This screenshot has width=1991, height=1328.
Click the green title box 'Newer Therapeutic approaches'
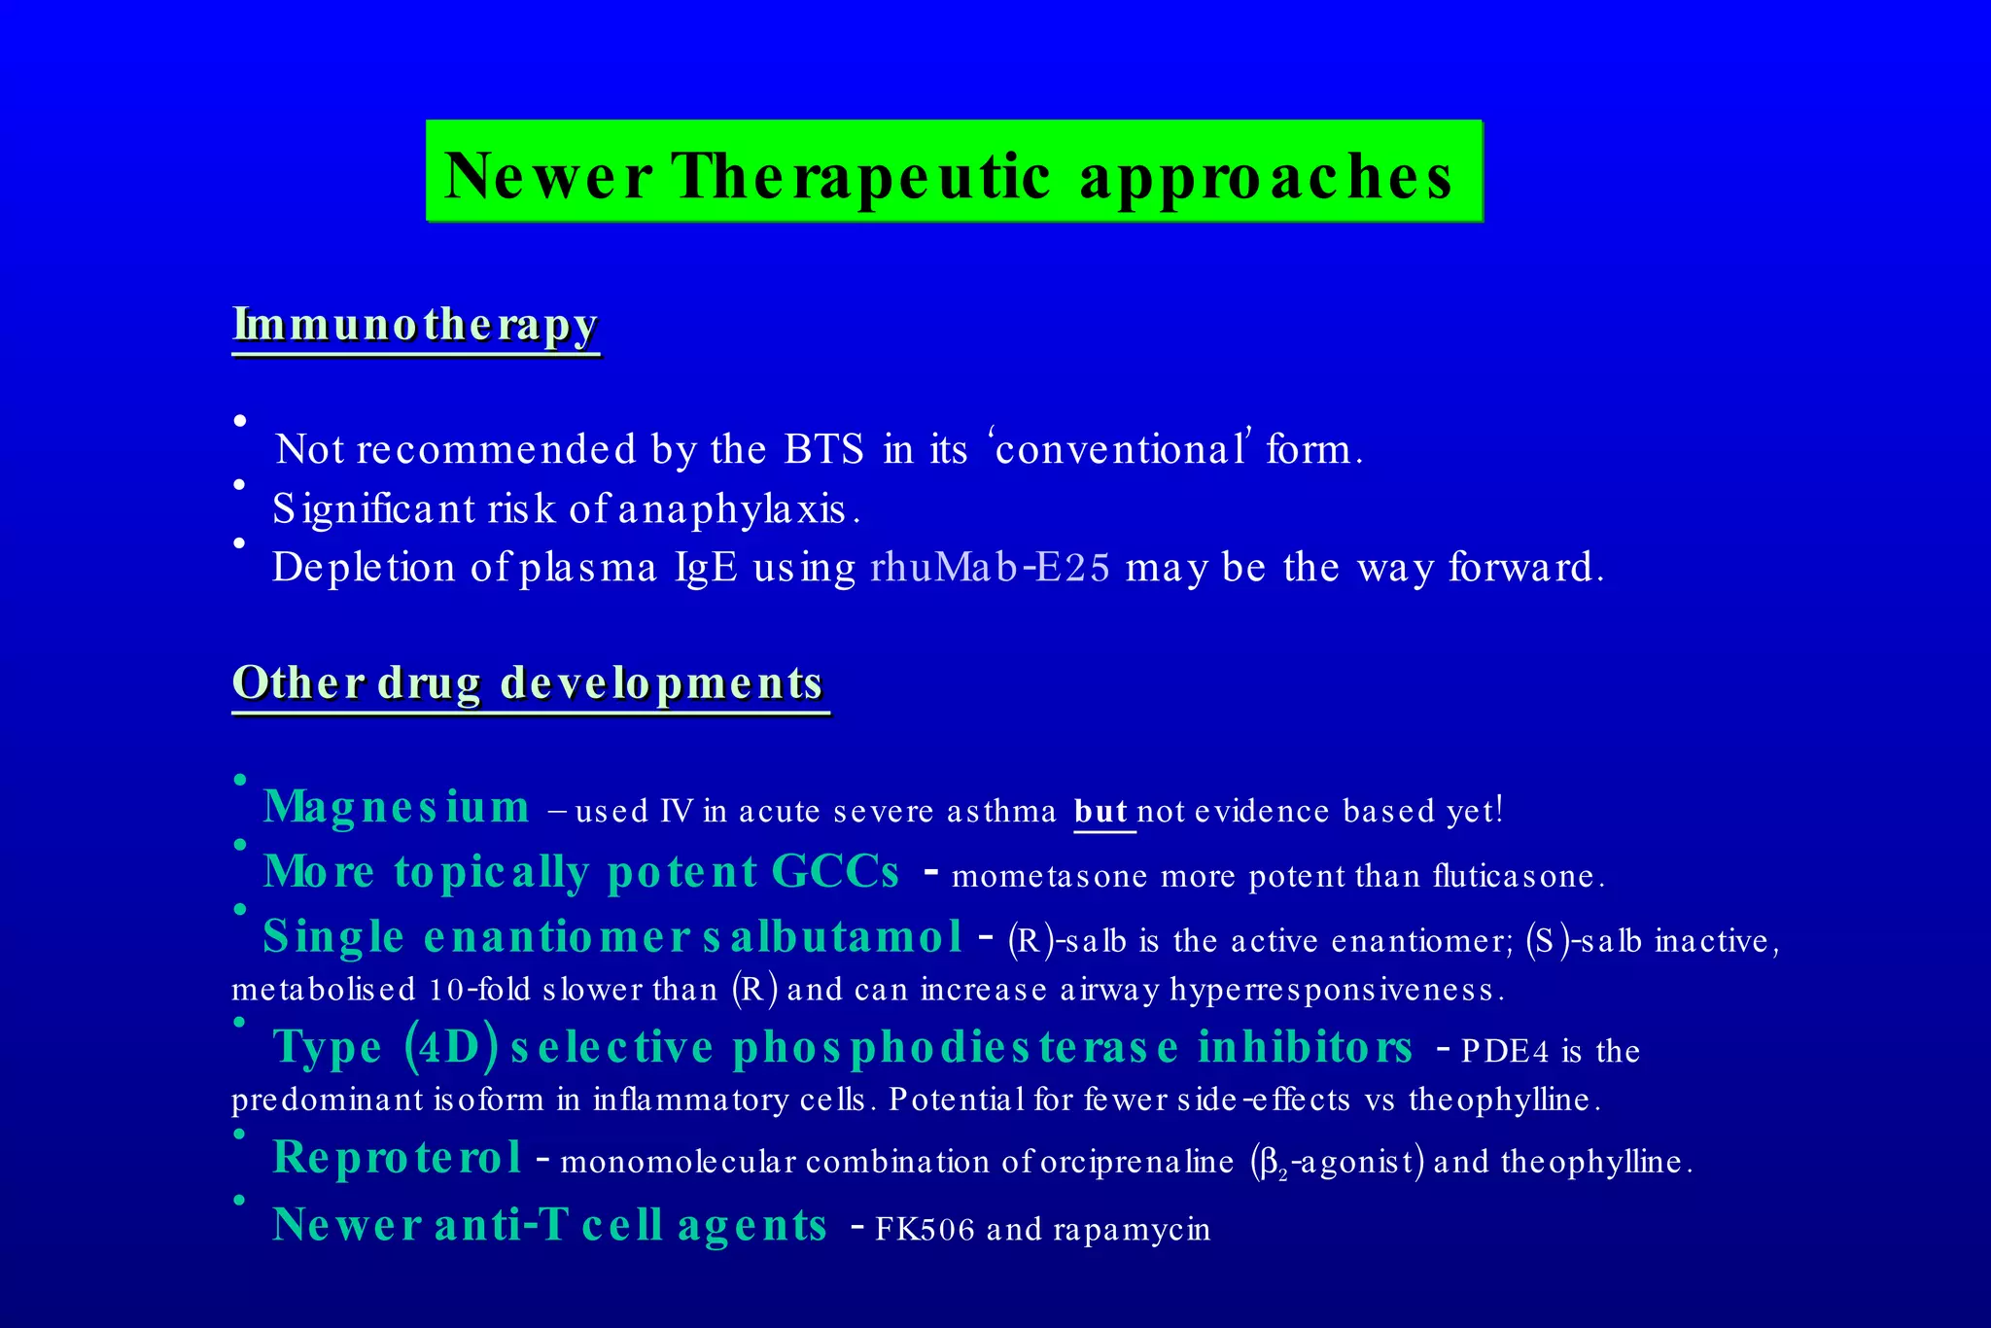pyautogui.click(x=953, y=172)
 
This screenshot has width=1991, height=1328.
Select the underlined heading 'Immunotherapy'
pyautogui.click(x=415, y=326)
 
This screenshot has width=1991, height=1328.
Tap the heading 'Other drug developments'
pyautogui.click(x=529, y=682)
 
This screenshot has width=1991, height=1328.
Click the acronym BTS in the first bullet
pyautogui.click(x=823, y=449)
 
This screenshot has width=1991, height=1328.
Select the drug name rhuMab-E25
pyautogui.click(x=990, y=568)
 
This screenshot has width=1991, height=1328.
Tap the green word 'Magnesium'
pyautogui.click(x=397, y=808)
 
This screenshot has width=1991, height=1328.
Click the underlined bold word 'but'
pyautogui.click(x=1100, y=811)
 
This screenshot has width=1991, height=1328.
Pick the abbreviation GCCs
pyautogui.click(x=835, y=872)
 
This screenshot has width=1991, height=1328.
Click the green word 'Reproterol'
pyautogui.click(x=397, y=1158)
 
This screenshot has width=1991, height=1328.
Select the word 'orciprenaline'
pyautogui.click(x=1136, y=1163)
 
